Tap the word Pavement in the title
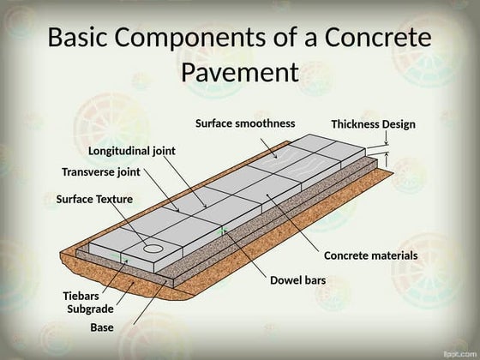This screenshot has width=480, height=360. [240, 72]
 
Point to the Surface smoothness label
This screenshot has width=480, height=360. [245, 123]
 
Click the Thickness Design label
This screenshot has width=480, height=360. [373, 124]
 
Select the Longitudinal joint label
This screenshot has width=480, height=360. [132, 151]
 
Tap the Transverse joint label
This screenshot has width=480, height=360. [100, 171]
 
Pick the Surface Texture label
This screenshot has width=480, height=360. [94, 199]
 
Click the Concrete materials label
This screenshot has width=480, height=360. [370, 255]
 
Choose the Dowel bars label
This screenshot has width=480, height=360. [297, 280]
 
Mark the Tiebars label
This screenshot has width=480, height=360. [81, 296]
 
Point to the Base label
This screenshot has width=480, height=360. [101, 327]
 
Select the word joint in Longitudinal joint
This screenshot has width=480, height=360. [164, 151]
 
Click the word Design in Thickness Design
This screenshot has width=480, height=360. [399, 124]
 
